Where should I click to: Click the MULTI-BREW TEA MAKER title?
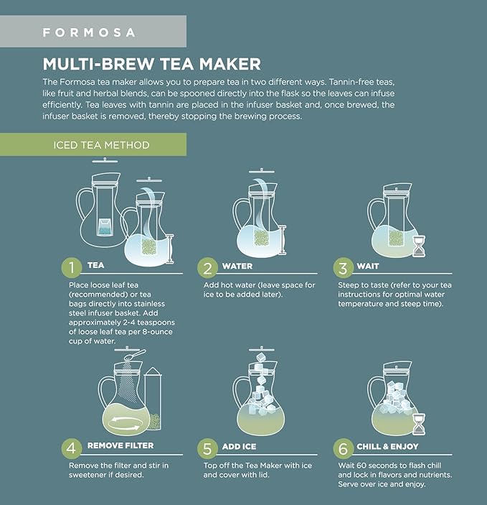tap(151, 64)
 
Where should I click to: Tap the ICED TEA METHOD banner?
tap(101, 144)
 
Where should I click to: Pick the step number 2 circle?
tap(207, 268)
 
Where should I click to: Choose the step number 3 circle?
tap(344, 268)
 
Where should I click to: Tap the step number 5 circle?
tap(207, 449)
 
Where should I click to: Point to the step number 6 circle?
tap(344, 449)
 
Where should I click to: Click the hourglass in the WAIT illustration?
tap(419, 246)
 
